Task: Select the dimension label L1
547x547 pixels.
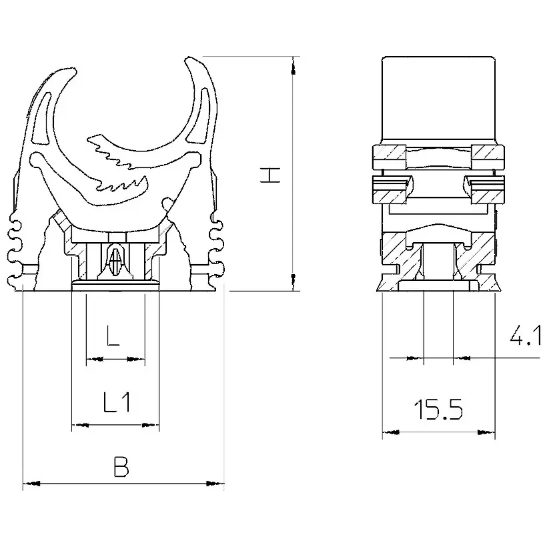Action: (117, 402)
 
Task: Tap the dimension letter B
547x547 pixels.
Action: (121, 466)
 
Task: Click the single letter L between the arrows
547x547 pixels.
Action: (113, 336)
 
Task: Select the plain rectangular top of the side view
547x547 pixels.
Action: (438, 100)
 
